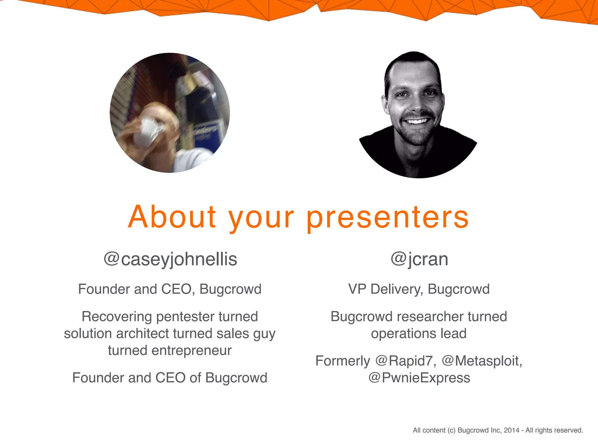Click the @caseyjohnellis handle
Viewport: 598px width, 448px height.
[x=170, y=259]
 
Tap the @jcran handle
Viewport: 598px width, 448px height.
[x=419, y=259]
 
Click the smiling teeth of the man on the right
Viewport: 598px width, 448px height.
[x=417, y=121]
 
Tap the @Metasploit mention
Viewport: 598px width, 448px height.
[x=481, y=361]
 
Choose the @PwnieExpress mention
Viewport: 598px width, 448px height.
[x=419, y=378]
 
